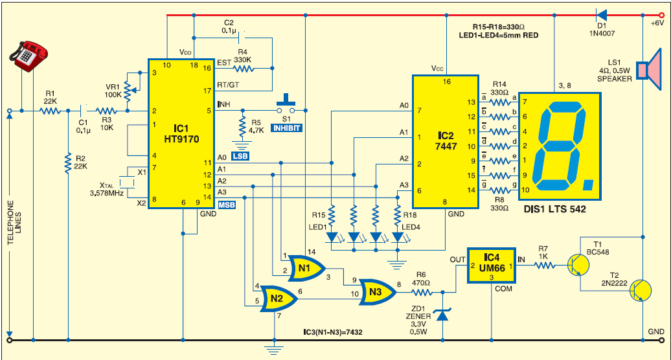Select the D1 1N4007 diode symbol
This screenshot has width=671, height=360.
(x=600, y=15)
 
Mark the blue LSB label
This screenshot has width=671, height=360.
(x=240, y=156)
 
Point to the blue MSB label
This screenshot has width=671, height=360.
(x=227, y=205)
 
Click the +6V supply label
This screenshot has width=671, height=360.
(x=657, y=23)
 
